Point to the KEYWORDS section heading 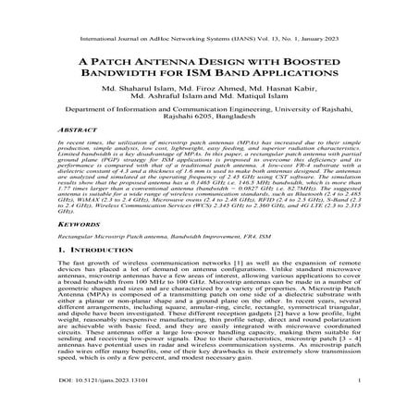80,249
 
